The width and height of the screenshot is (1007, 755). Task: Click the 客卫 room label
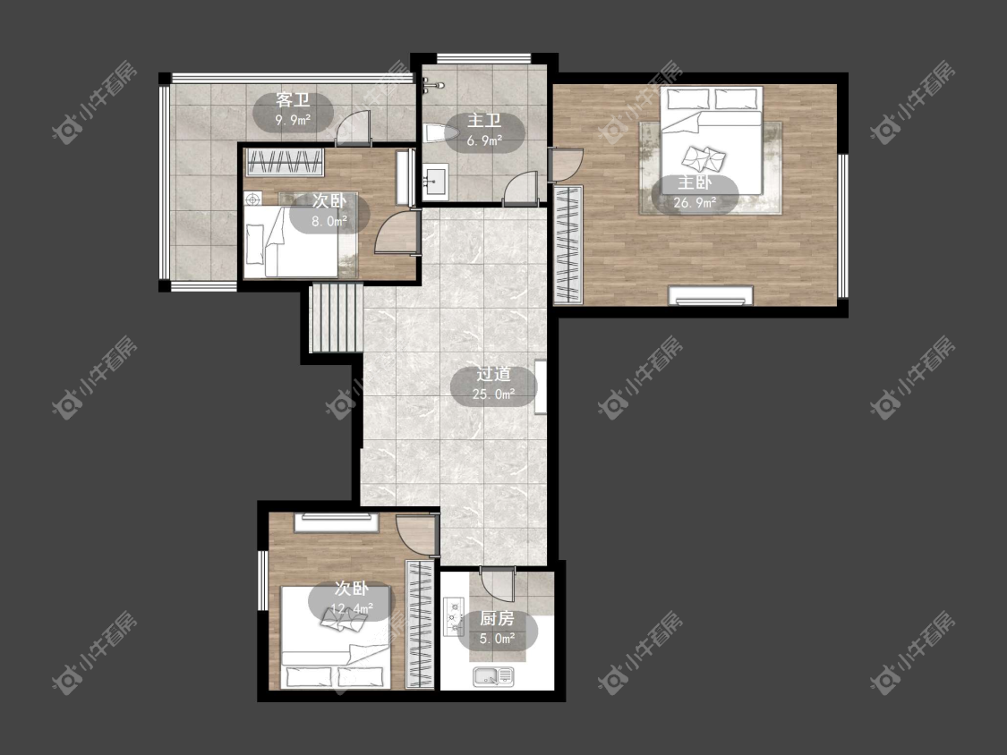pos(294,100)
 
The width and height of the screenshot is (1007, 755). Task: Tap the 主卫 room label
pos(484,121)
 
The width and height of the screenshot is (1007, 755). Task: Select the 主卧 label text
pos(695,183)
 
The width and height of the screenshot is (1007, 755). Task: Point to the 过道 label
pos(493,374)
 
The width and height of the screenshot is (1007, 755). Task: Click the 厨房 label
pos(497,619)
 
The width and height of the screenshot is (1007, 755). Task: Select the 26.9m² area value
pos(695,204)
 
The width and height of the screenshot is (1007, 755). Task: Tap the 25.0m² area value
pos(493,394)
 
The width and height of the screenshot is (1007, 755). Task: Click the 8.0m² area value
pos(329,222)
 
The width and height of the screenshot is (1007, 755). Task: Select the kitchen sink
pos(493,676)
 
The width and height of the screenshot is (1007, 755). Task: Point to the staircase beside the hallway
pos(336,319)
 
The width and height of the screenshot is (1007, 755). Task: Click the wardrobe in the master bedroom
pos(568,244)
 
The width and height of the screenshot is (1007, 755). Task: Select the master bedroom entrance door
pos(566,165)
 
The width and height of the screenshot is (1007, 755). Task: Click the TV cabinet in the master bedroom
pos(711,295)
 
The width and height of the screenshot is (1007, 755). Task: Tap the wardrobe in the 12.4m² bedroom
pos(422,624)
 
